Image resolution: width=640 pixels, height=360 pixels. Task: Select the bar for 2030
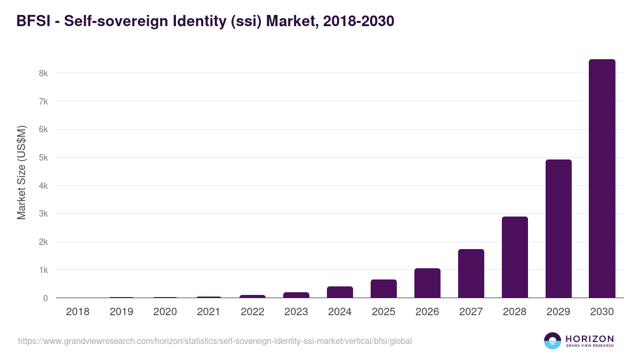pos(602,179)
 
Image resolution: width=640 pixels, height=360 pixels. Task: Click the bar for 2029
pos(558,229)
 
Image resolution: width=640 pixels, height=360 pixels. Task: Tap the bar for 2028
pos(514,257)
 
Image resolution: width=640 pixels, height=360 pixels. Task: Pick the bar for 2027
pos(471,274)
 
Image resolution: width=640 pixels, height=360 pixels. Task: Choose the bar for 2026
pos(427,283)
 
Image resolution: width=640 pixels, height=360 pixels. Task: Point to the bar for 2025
pos(383,289)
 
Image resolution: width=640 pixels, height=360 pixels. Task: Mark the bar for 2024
pos(340,292)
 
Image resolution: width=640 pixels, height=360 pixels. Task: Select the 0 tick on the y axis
pos(45,299)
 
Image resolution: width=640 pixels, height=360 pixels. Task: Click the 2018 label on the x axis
pos(77,312)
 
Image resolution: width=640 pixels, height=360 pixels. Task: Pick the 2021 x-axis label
pos(209,312)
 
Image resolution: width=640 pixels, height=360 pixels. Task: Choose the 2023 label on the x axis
pos(296,312)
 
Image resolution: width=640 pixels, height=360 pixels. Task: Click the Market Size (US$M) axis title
pos(21,172)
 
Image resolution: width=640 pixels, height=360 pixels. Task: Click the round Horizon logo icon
pos(553,341)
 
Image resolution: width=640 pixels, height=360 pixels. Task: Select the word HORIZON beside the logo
pos(589,339)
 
